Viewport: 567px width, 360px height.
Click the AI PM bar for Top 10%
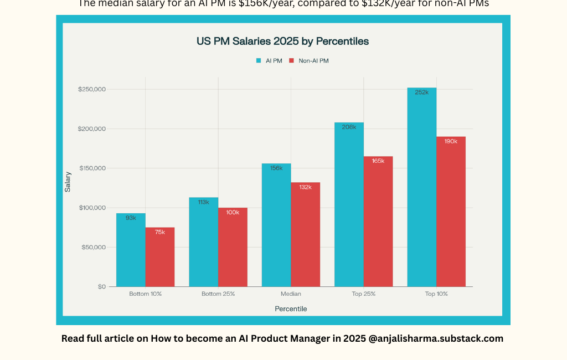pos(421,188)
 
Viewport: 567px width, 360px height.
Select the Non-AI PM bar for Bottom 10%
pos(160,258)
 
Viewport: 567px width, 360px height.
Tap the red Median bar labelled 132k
pos(306,235)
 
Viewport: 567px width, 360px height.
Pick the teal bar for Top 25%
pos(349,205)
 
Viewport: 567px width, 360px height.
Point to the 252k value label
pos(421,92)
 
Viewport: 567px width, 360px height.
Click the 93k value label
pos(131,218)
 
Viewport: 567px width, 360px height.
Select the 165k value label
pos(378,161)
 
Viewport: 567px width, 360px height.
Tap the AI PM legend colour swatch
pos(259,60)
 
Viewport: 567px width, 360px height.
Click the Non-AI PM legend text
pos(313,60)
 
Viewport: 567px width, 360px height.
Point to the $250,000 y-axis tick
pos(92,90)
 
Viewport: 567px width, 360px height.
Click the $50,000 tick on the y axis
pos(94,247)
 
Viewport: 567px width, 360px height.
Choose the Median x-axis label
pos(291,294)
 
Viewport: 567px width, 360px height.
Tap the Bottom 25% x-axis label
pos(218,294)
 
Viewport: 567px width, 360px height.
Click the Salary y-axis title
pos(68,182)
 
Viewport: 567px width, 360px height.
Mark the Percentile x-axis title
pos(291,308)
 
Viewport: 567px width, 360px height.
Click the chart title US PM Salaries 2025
pos(282,41)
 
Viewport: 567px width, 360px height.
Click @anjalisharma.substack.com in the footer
pos(436,338)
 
